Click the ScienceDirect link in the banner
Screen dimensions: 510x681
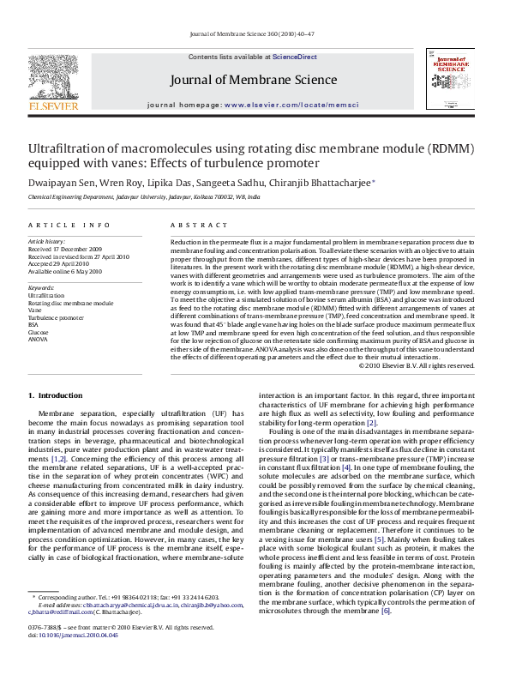(296, 56)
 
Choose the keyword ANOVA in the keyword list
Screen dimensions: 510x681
(39, 338)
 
